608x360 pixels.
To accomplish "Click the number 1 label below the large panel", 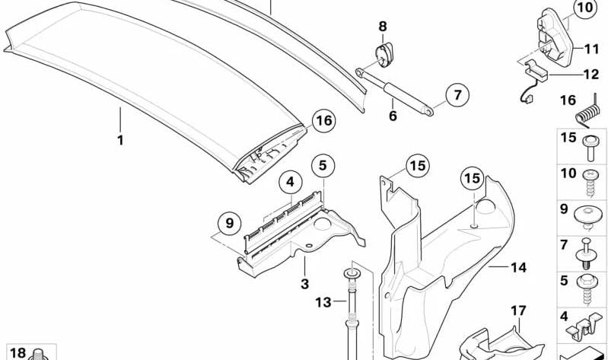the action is click(x=120, y=140).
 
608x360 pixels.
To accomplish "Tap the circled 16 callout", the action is click(x=323, y=121).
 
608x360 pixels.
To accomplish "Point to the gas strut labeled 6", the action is click(x=394, y=91).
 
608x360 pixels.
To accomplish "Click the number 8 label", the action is click(x=383, y=27).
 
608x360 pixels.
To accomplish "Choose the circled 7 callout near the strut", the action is click(x=457, y=95).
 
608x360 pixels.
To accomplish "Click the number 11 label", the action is click(x=592, y=49).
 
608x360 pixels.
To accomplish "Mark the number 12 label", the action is click(x=591, y=75).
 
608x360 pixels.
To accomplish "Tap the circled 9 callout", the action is click(x=230, y=224).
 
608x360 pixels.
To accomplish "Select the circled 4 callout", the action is click(x=291, y=182).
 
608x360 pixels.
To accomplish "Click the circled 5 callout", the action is click(x=323, y=166).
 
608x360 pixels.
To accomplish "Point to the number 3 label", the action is click(x=305, y=284).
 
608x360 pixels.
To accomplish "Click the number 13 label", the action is click(x=323, y=302).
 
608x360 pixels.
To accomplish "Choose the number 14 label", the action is click(x=518, y=267).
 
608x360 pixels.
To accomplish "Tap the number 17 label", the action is click(x=518, y=311).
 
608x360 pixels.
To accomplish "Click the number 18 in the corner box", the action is click(x=18, y=353).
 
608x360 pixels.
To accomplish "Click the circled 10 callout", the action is click(x=585, y=8).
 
